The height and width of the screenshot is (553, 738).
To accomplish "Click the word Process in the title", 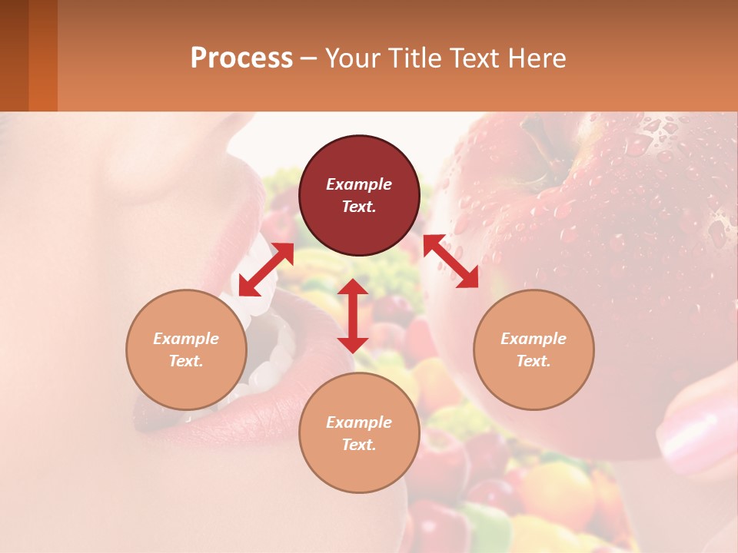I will [x=241, y=58].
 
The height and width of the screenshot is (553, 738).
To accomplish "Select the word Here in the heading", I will [x=537, y=58].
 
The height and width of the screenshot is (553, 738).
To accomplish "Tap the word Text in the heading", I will [x=477, y=58].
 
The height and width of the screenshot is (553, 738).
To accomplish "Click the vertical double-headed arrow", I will [x=353, y=316].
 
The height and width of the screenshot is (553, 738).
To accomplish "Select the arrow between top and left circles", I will [x=266, y=270].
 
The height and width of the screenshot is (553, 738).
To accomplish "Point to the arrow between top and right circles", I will [x=451, y=261].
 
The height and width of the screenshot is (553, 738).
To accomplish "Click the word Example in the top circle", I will [x=359, y=184].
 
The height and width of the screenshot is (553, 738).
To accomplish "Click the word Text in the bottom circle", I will [x=359, y=445].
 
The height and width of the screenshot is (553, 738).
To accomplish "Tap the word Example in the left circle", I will [x=186, y=339].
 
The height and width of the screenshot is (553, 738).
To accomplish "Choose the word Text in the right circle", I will [x=534, y=361].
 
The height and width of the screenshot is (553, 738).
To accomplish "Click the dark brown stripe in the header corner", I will [x=14, y=55].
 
